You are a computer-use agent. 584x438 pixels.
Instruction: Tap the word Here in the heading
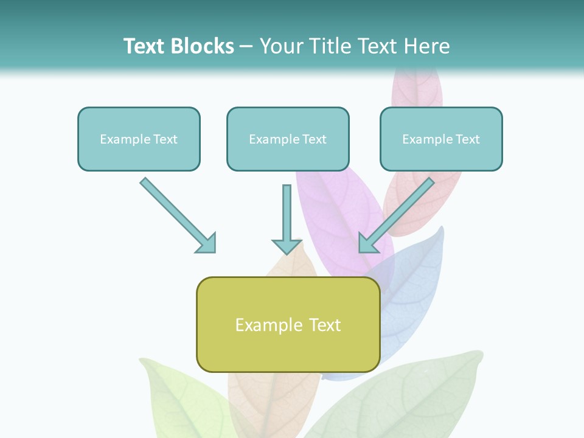[x=427, y=46]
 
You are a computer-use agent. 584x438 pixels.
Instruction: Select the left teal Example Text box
[x=139, y=139]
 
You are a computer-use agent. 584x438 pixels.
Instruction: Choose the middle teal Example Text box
[x=288, y=139]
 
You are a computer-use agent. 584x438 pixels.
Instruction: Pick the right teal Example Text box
[x=441, y=139]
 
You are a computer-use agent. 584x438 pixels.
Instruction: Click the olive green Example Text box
[x=288, y=325]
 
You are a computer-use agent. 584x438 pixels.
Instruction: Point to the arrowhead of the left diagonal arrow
[x=207, y=244]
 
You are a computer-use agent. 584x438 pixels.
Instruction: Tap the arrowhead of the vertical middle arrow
[x=287, y=246]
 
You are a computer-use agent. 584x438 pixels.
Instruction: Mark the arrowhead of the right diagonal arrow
[x=367, y=243]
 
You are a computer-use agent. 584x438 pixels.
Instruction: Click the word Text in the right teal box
[x=467, y=139]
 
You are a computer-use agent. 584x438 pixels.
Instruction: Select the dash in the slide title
[x=246, y=46]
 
